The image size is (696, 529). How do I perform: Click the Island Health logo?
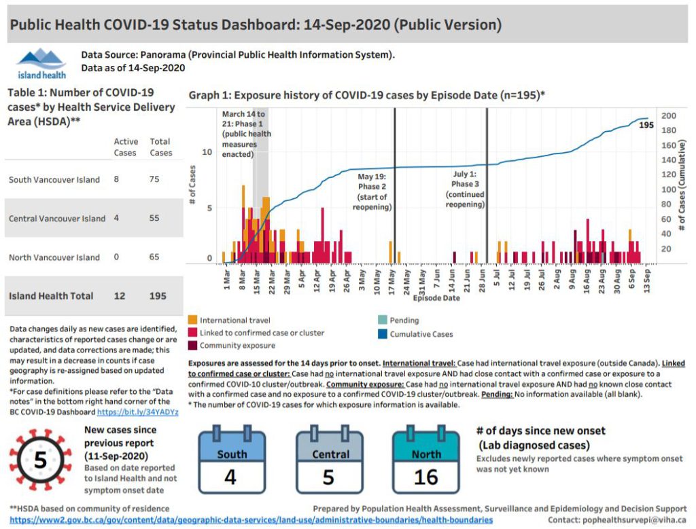point(41,64)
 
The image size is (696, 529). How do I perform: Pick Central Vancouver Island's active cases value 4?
point(117,219)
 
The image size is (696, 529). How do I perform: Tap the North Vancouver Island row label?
point(54,257)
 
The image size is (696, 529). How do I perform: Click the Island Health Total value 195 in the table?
point(158,296)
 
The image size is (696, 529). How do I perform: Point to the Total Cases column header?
point(160,147)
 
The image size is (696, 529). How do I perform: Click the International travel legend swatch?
point(193,320)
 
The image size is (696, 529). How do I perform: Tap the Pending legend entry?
point(404,320)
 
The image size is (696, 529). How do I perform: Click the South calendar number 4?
point(230,477)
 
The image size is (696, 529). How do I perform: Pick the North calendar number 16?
point(425,477)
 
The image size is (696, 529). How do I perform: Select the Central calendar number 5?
point(328,477)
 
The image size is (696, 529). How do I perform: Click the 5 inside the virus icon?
point(40,460)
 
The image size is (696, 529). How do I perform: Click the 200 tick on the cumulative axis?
point(667,115)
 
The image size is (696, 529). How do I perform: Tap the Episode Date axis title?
point(435,297)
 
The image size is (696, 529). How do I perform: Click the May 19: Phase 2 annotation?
point(372,192)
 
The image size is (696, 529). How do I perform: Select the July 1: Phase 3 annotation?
point(465,189)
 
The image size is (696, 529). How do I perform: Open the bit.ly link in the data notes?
point(137,412)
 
